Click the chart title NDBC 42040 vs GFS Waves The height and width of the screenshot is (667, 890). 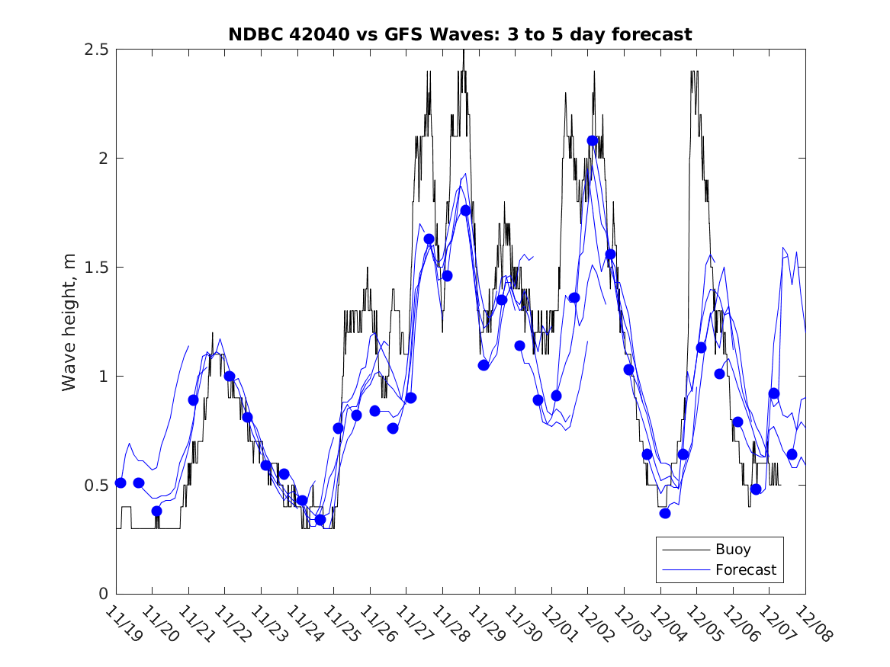click(x=460, y=34)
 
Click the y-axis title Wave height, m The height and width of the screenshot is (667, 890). click(x=69, y=322)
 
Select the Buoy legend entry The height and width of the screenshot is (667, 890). click(x=732, y=549)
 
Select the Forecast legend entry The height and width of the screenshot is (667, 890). click(x=745, y=569)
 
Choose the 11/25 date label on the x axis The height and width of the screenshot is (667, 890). click(x=340, y=623)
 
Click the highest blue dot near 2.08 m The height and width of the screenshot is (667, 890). click(x=593, y=140)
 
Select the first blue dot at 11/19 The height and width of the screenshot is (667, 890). click(x=120, y=483)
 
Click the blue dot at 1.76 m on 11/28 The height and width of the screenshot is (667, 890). click(x=465, y=210)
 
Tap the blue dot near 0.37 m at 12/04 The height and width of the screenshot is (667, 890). click(x=665, y=513)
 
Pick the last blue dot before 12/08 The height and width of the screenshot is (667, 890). click(x=792, y=454)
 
